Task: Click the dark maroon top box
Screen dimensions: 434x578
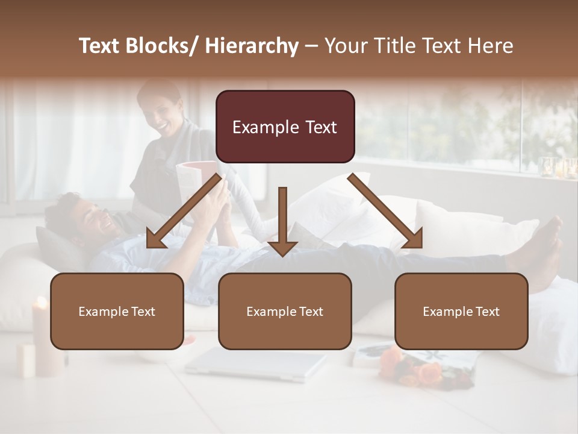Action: (285, 127)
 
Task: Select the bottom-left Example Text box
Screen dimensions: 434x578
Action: (117, 311)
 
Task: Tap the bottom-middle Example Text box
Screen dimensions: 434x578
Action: (284, 311)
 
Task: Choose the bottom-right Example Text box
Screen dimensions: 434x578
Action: (461, 311)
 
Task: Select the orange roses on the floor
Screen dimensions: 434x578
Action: (415, 368)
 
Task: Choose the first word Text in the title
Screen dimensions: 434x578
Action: (101, 46)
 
